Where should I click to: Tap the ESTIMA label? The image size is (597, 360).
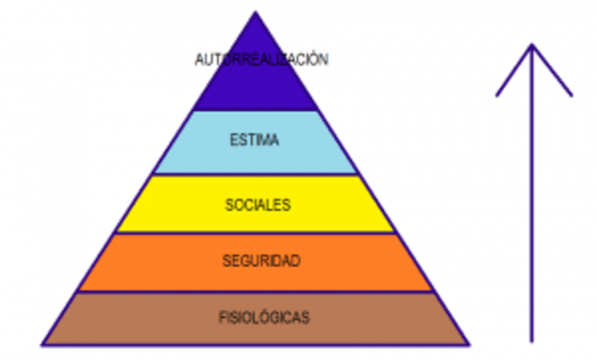(x=255, y=141)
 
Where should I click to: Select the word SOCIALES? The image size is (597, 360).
(x=257, y=203)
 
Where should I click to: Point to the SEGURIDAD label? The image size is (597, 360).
(x=261, y=260)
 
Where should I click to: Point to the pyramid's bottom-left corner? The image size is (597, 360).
(x=43, y=343)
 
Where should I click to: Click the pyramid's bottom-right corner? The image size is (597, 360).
(x=469, y=343)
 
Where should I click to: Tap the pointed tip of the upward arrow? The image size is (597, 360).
(x=532, y=44)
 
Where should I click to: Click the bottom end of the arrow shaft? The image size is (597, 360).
(x=532, y=340)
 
